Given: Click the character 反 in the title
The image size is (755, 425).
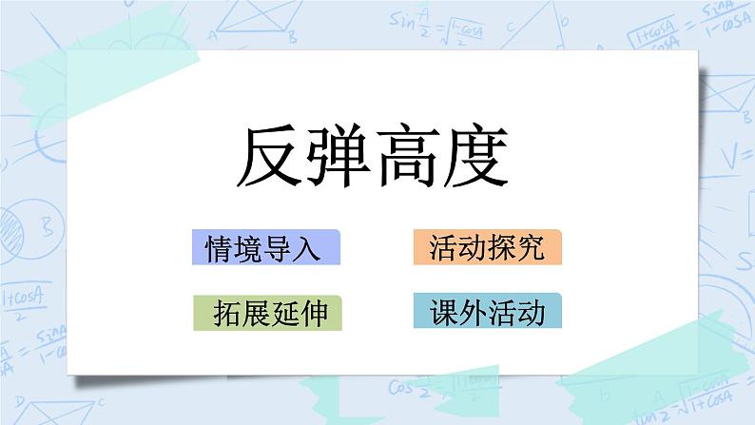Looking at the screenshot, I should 269,158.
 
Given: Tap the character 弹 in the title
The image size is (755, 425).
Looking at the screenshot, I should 336,158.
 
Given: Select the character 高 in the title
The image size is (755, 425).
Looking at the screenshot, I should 402,158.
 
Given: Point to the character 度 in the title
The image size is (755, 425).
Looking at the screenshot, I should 469,158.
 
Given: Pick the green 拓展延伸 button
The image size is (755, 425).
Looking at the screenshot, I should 265,313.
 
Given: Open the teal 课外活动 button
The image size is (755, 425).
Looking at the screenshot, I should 487,313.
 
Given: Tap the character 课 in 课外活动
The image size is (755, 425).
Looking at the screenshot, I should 442,313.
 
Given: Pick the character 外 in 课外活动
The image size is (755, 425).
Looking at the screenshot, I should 473,313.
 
